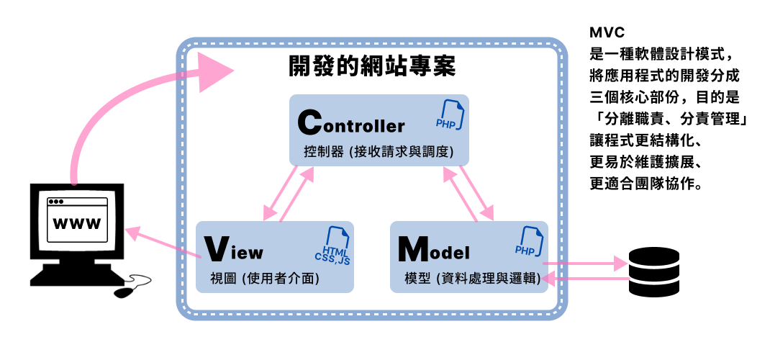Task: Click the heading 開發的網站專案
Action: [x=371, y=67]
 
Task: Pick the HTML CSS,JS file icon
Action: [x=333, y=246]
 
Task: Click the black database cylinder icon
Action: [x=653, y=271]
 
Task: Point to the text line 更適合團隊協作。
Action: [x=645, y=183]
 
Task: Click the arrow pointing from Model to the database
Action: [x=583, y=264]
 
